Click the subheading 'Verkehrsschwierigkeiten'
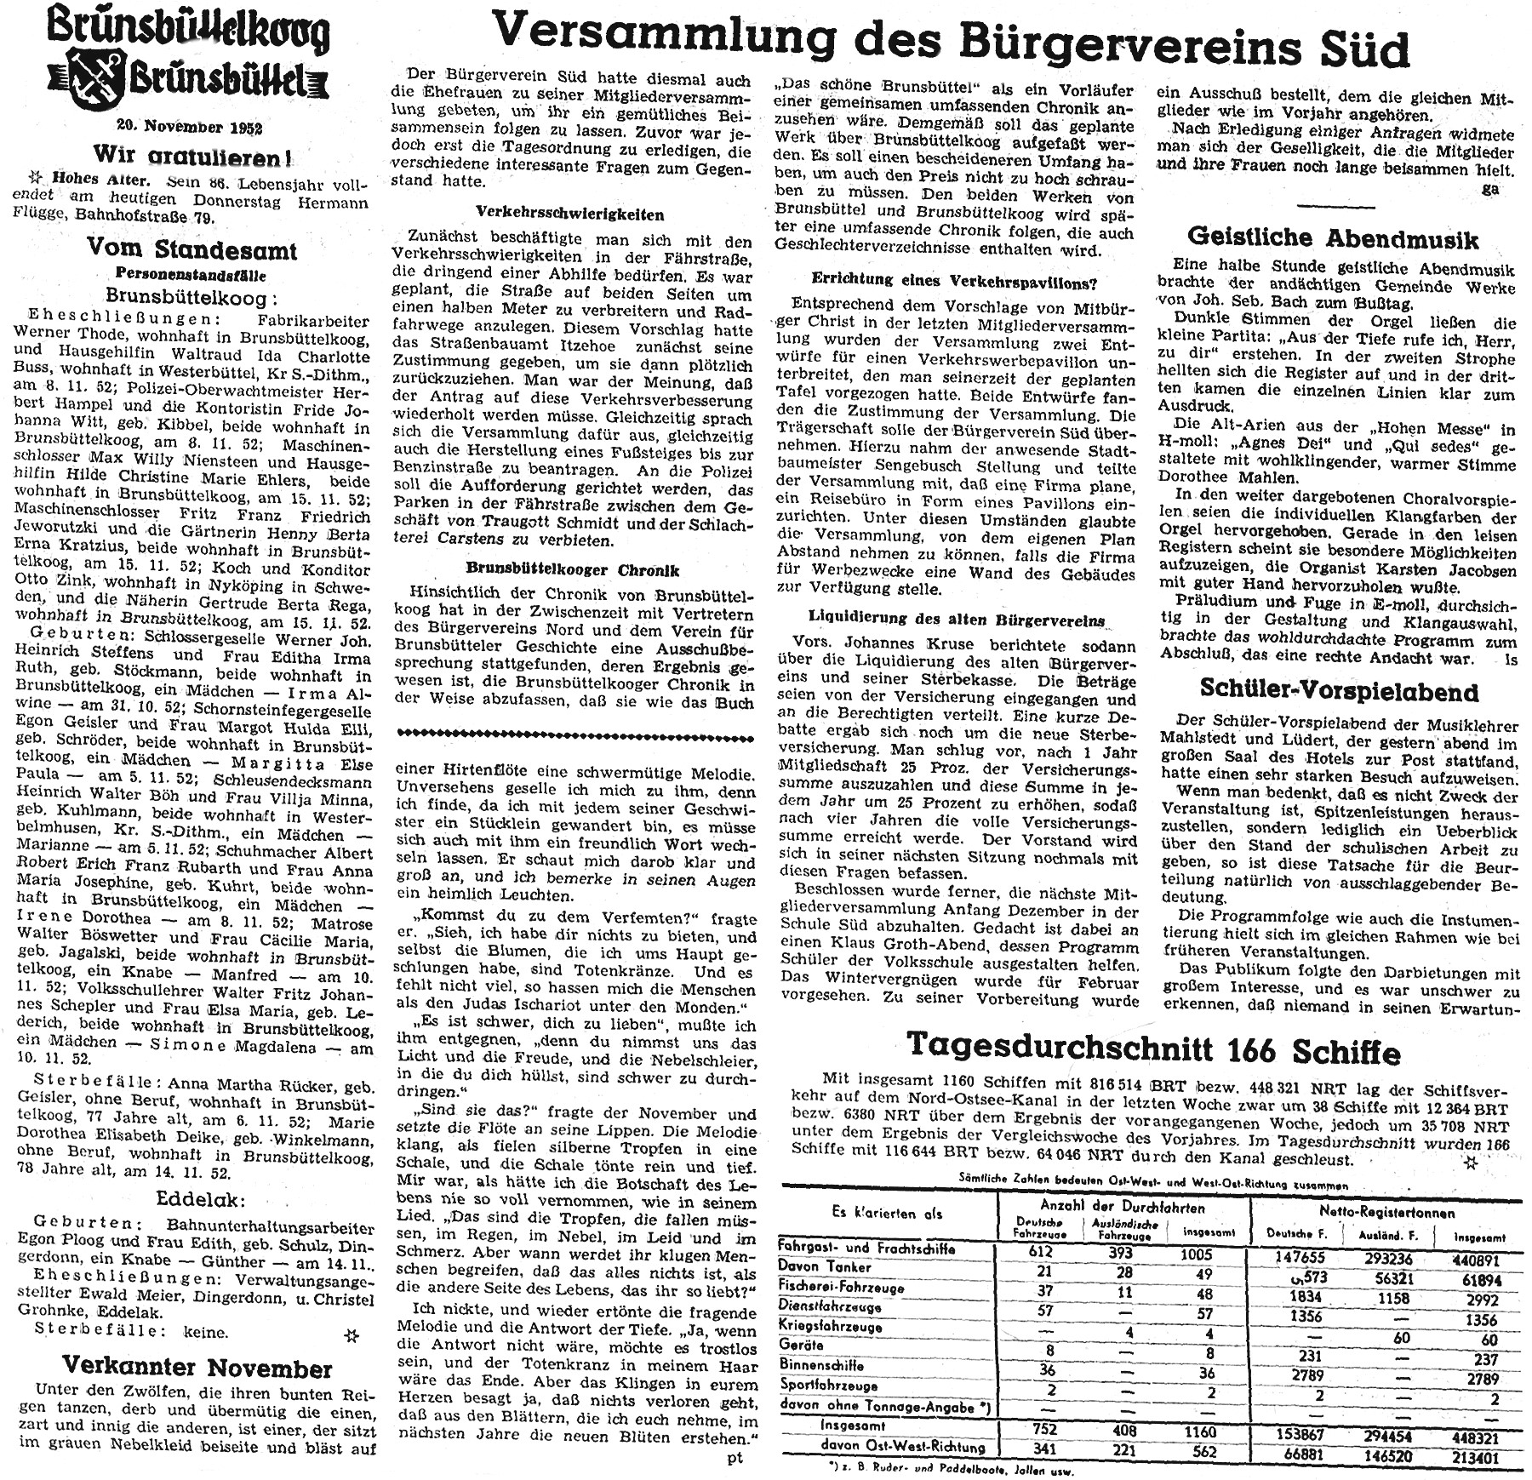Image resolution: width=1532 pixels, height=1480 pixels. (570, 214)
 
